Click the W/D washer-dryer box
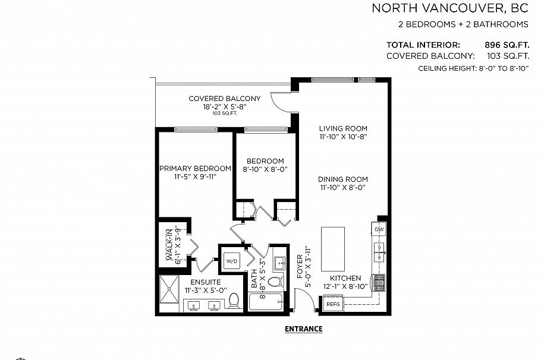click(231, 261)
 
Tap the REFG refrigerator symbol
click(334, 304)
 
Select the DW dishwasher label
click(379, 229)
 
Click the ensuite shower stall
click(171, 293)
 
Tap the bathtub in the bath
click(266, 302)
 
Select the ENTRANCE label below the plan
click(303, 329)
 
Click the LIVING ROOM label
click(342, 128)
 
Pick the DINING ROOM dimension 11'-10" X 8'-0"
click(342, 188)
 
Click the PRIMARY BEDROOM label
click(195, 169)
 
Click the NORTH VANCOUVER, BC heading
click(449, 8)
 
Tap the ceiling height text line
click(473, 69)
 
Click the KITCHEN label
click(345, 278)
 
